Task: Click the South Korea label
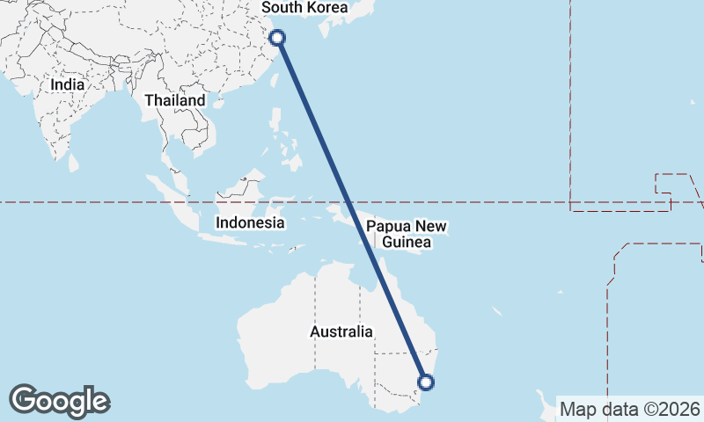305,8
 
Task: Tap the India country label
68,84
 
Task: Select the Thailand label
175,100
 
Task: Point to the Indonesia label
250,222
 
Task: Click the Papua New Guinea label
400,233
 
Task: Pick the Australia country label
341,331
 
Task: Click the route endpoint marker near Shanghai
277,37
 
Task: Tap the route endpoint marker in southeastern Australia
426,382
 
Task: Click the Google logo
59,401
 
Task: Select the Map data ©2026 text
630,409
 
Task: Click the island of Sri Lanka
74,163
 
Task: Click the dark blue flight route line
352,211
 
